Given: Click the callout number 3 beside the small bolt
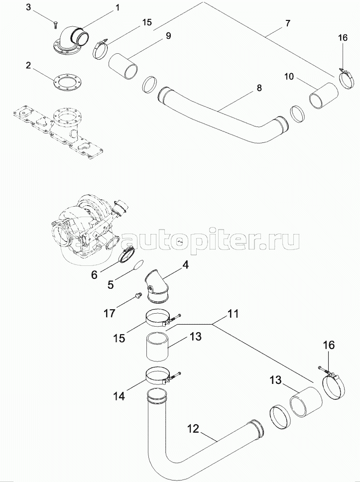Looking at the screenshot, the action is tap(28, 7).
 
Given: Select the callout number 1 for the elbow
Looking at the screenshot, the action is tap(117, 7).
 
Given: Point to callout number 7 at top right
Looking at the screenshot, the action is tap(287, 23).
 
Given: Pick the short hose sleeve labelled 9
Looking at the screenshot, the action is tap(123, 66).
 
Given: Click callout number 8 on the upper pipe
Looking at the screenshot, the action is tap(259, 88).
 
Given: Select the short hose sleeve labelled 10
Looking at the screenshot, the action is tap(324, 96).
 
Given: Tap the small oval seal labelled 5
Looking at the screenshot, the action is tap(139, 264).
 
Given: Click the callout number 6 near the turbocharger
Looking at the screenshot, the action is tap(94, 274).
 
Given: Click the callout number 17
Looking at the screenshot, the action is tap(110, 313).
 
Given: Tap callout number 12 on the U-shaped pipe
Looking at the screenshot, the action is tap(193, 429).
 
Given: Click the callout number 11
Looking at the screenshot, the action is tap(233, 314).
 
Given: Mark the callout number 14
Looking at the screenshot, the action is tap(119, 396).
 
